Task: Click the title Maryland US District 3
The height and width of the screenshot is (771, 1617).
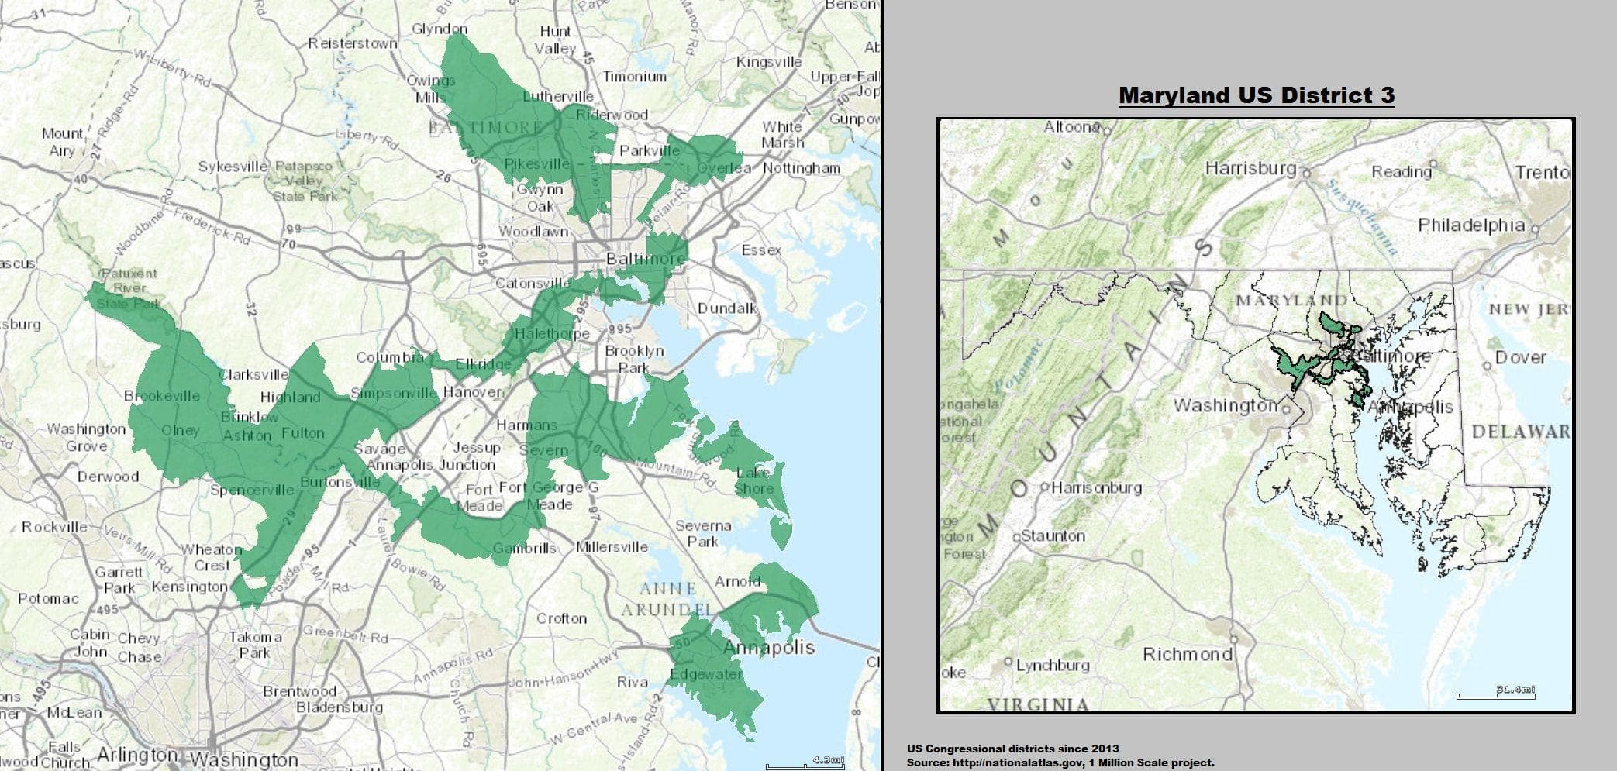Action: point(1256,95)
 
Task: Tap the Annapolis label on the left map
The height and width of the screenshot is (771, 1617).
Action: point(768,647)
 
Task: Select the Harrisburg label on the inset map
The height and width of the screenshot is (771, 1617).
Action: point(1250,168)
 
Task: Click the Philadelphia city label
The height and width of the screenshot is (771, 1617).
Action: point(1470,225)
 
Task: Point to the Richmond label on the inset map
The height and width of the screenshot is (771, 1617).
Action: point(1187,655)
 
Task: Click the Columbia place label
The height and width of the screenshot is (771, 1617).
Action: point(389,357)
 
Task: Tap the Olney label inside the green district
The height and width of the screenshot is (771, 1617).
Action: point(180,431)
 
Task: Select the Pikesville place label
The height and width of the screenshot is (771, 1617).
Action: point(536,164)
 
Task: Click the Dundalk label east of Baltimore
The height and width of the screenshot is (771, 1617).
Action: point(726,308)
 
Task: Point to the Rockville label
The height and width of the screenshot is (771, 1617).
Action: point(54,527)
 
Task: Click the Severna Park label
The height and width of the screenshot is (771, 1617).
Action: point(703,533)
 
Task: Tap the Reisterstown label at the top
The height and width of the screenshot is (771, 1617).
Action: point(353,43)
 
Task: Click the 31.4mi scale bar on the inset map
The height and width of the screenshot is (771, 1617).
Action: point(1495,692)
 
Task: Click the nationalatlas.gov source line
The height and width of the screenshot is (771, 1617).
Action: point(1060,762)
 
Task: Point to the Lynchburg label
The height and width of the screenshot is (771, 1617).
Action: point(1052,665)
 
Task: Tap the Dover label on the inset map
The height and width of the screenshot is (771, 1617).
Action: point(1519,357)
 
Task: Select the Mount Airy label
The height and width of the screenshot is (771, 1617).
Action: point(62,142)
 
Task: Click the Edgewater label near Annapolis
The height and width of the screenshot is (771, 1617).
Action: point(705,674)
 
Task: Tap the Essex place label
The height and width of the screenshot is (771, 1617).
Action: point(760,250)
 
